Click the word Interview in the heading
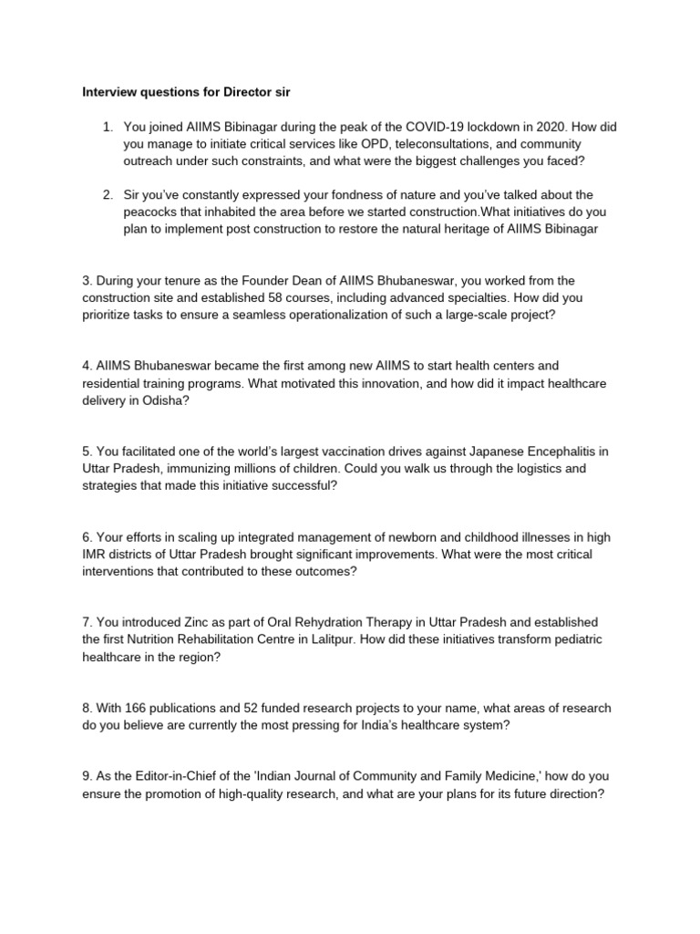[x=107, y=92]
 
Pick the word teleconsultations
[x=424, y=144]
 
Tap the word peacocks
[x=152, y=213]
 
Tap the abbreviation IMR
[x=94, y=555]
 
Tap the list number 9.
[x=87, y=776]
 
